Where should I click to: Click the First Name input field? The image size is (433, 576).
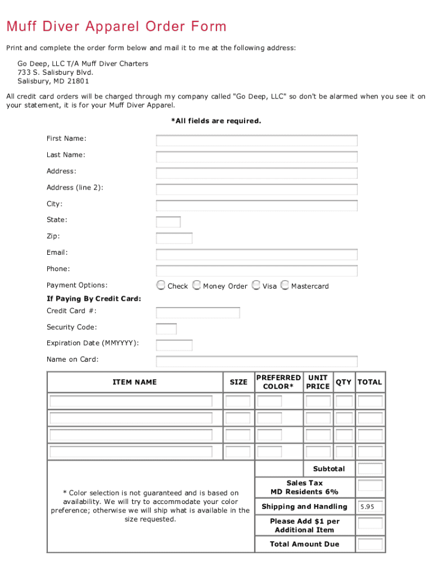click(256, 141)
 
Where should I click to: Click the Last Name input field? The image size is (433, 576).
click(256, 157)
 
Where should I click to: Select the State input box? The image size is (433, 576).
click(168, 222)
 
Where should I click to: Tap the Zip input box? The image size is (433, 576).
click(174, 238)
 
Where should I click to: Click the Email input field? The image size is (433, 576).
click(256, 255)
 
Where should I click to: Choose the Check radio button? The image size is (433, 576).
click(161, 285)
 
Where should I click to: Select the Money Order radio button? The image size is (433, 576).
click(196, 285)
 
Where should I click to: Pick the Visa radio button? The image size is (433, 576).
click(256, 285)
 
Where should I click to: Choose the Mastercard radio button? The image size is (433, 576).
click(285, 285)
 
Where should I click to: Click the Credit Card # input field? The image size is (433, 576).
click(198, 313)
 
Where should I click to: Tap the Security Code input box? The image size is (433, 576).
click(166, 329)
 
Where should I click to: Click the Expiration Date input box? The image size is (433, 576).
click(174, 345)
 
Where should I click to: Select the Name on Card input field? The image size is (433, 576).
click(256, 362)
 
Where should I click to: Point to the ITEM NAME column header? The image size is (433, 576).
click(134, 382)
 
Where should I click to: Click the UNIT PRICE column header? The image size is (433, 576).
click(318, 382)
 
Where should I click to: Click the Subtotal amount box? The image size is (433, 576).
click(370, 469)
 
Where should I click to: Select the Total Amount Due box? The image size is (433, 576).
click(370, 544)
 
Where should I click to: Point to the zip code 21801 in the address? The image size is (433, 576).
click(78, 81)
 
